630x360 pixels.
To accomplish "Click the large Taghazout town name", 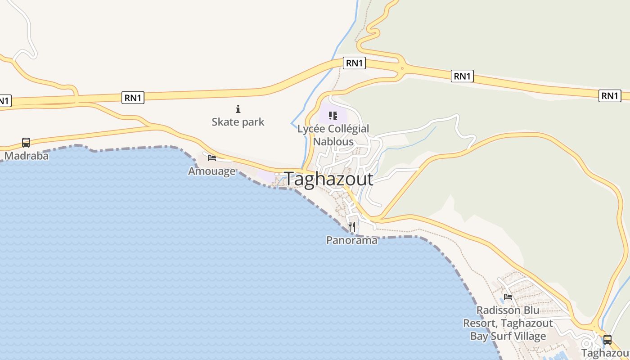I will (x=328, y=179).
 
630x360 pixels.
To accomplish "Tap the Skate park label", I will (x=238, y=121).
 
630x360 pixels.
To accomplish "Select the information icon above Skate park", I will (x=238, y=109).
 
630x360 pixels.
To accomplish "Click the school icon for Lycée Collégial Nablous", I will (x=333, y=116).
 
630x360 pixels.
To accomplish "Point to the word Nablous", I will (x=333, y=141).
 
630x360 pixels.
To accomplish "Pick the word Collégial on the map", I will (x=349, y=129).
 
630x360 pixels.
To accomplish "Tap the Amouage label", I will (x=211, y=171).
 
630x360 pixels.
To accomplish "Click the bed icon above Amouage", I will (x=212, y=157).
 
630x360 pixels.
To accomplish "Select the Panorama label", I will (x=351, y=240).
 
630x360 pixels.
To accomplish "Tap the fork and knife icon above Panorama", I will (x=352, y=226).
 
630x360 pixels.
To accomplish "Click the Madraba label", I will (x=26, y=156).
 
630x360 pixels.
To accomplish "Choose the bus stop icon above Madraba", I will (x=26, y=143).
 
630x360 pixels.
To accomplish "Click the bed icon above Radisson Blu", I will (x=508, y=297).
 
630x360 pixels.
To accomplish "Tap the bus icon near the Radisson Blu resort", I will (x=607, y=339).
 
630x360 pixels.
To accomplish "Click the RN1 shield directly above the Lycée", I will (x=354, y=63).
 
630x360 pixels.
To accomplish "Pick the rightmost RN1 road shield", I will (x=610, y=95).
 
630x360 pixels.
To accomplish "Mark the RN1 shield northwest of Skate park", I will (x=133, y=98).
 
